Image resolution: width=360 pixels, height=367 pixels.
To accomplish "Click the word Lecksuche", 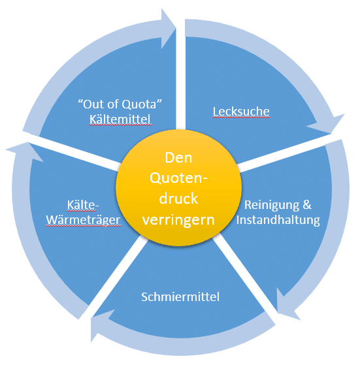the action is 241,112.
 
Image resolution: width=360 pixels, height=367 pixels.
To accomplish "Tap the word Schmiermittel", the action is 180,296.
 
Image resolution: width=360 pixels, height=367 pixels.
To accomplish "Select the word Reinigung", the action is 272,206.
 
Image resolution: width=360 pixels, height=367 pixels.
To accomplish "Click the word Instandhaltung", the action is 278,220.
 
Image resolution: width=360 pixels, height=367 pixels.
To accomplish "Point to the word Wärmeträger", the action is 83,220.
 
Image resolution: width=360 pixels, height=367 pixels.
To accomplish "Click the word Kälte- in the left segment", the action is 83,205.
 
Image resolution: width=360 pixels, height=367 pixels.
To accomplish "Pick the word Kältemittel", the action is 120,120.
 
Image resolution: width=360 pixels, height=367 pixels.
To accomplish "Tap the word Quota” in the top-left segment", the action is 142,104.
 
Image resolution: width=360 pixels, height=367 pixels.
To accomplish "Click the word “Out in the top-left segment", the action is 91,104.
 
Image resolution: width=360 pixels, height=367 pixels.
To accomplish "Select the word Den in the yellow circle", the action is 178,158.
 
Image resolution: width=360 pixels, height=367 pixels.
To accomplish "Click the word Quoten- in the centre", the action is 178,178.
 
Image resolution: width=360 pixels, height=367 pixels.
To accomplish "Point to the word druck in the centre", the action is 178,199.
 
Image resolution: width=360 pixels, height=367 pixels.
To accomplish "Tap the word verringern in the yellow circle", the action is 178,220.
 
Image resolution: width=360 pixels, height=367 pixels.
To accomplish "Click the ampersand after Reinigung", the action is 307,205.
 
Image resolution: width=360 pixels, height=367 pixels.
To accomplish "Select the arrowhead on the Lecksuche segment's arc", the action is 328,123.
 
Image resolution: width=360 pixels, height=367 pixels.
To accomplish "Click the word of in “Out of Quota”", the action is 112,104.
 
